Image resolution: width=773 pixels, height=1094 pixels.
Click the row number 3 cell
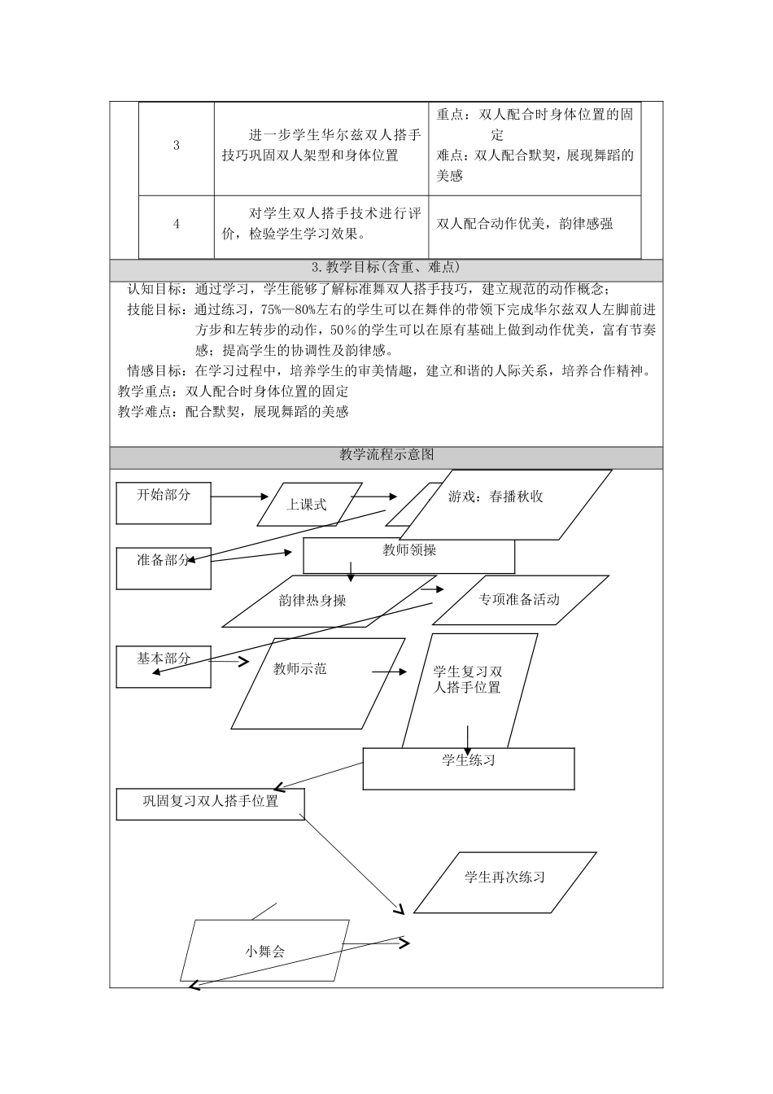coord(177,147)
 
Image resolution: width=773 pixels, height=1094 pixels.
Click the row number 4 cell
coord(177,224)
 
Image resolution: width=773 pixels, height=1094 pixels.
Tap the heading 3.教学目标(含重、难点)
coord(386,268)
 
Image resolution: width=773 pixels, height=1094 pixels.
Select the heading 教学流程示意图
coord(386,455)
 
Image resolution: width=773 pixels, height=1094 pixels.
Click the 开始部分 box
coord(164,502)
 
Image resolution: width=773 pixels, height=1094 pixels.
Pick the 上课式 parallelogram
coord(306,505)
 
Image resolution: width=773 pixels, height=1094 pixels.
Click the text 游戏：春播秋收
coord(496,497)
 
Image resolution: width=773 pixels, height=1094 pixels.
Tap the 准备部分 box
coord(164,567)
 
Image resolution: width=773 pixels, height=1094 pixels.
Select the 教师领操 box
coord(409,555)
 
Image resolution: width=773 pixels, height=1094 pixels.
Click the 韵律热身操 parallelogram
coord(312,601)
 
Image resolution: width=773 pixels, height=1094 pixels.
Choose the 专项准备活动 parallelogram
coord(519,600)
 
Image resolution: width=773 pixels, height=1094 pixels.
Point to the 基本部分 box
coord(164,666)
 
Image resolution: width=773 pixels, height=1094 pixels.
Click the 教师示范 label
coord(300,669)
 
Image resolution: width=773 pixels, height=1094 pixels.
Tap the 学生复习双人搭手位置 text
coord(468,680)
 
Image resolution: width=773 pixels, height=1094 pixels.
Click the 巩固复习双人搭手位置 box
coord(211,803)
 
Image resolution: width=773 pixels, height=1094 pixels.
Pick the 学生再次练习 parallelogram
coord(505,878)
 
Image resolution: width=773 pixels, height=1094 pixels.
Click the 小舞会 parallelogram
coord(264,951)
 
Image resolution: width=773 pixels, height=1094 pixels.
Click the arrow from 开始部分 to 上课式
coord(241,496)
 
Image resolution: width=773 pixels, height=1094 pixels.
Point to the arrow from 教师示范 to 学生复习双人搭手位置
coord(390,672)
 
